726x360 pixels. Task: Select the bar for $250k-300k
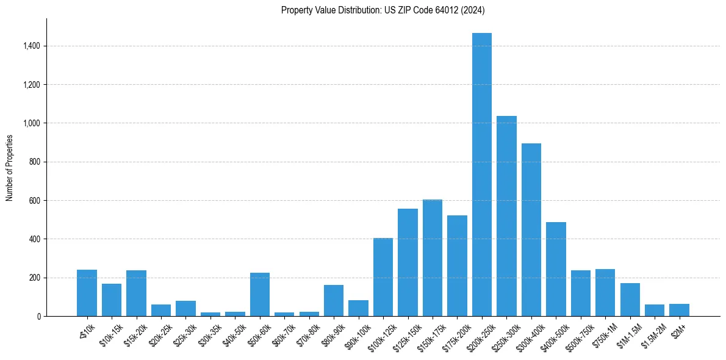tap(506, 216)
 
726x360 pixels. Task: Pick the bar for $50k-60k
tap(260, 294)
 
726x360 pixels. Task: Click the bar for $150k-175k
tap(433, 257)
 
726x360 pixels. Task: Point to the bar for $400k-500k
tap(556, 269)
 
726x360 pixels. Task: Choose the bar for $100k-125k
tap(383, 277)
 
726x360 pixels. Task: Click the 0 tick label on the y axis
tap(38, 316)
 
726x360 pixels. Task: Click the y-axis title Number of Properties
tap(10, 167)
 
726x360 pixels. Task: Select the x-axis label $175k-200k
tap(451, 336)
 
